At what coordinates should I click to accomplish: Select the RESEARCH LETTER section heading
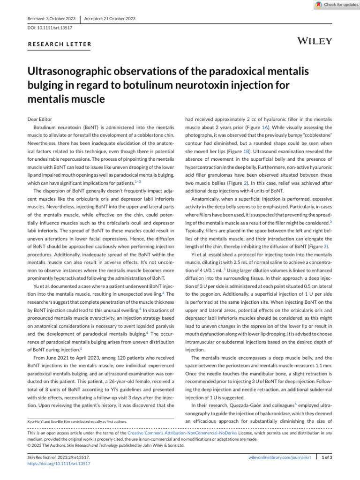pyautogui.click(x=59, y=45)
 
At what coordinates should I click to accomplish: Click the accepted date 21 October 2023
pyautogui.click(x=110, y=18)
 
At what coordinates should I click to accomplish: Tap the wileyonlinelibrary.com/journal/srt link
pyautogui.click(x=279, y=457)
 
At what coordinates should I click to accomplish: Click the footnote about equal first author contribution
pyautogui.click(x=78, y=421)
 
